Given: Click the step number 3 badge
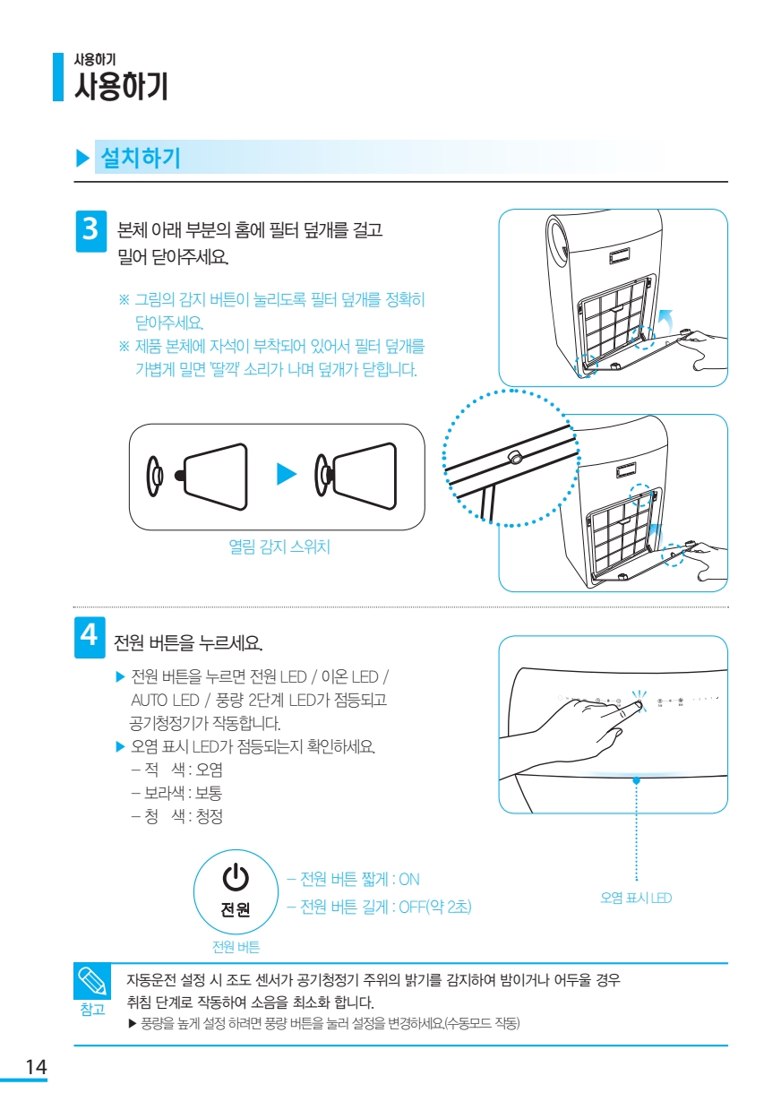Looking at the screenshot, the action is coord(90,231).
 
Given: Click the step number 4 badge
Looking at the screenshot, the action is coord(90,637).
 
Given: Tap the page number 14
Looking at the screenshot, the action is coord(36,1066).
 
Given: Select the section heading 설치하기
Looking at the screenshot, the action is coord(141,158).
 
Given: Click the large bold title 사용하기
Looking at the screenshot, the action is coord(122,86).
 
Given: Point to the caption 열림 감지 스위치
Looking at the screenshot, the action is coord(279,546).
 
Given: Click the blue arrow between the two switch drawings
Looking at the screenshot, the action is coord(287,474).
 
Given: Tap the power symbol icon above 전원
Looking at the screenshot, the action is coord(236,876).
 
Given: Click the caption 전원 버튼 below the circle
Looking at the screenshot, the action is coord(236,947).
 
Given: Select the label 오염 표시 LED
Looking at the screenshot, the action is coord(636,898).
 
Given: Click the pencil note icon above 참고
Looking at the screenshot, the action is coord(92,981).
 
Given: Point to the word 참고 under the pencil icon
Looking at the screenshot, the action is coord(92,1010).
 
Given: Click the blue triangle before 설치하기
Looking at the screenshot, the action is coord(82,158).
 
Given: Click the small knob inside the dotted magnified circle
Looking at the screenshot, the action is coord(516,459).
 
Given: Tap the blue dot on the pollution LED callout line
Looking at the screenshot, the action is coord(636,780).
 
